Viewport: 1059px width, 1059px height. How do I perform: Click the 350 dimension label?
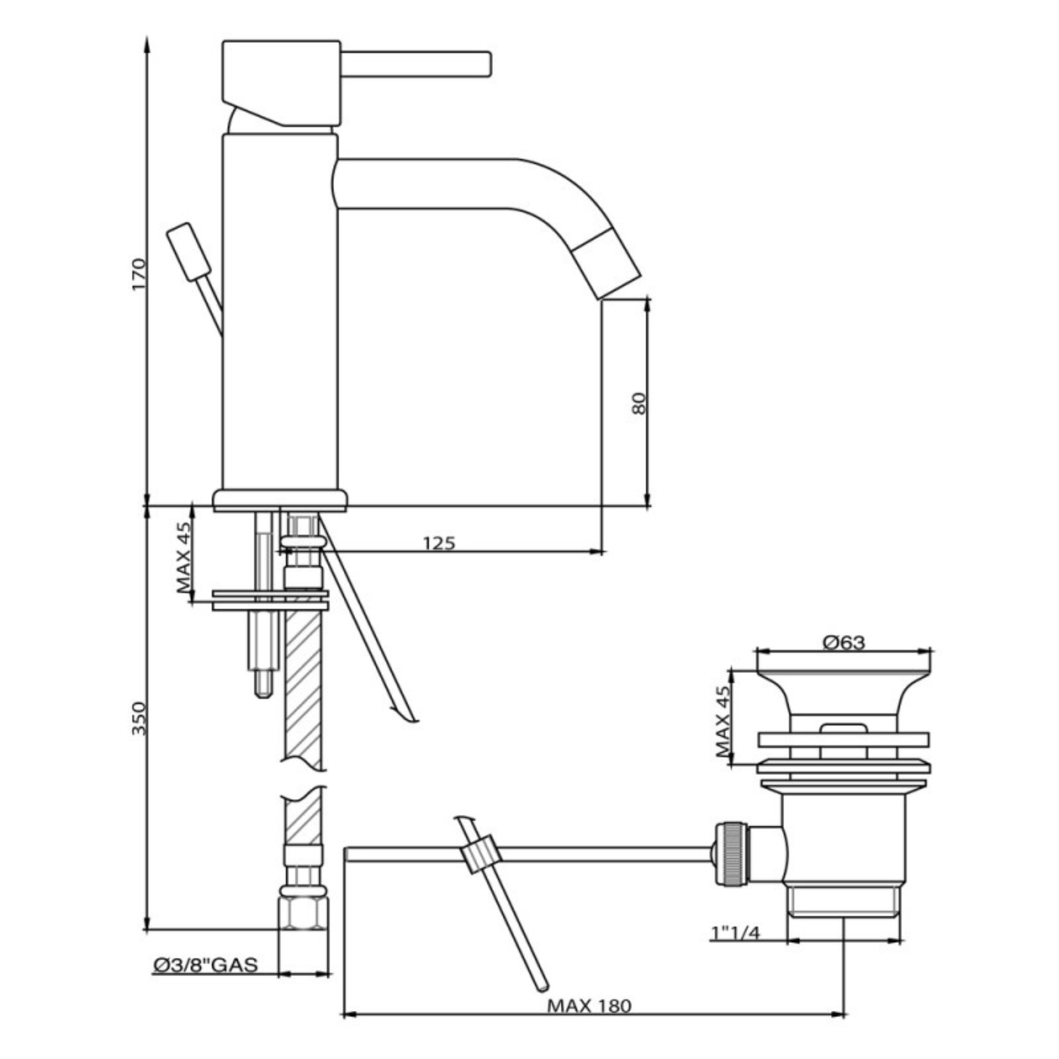[139, 719]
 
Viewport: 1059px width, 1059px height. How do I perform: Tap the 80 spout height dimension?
[639, 403]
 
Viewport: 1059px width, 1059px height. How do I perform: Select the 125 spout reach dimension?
[439, 542]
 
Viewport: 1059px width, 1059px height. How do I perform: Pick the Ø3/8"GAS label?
[206, 965]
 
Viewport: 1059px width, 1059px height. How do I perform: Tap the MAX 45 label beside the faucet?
[184, 557]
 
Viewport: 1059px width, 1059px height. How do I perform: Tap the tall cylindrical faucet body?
[280, 312]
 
